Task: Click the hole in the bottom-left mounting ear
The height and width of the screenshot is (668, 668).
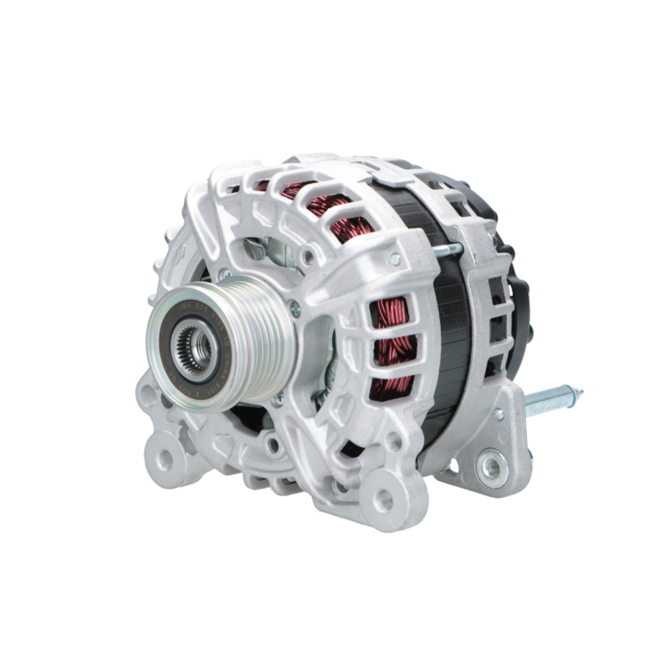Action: (x=162, y=458)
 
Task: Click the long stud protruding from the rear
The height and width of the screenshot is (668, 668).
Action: (x=552, y=399)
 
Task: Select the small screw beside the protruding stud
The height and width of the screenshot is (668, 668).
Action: (x=498, y=414)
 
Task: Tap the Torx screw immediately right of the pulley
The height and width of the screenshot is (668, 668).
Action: (x=294, y=309)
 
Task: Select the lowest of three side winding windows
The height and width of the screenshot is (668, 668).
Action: (x=391, y=387)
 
